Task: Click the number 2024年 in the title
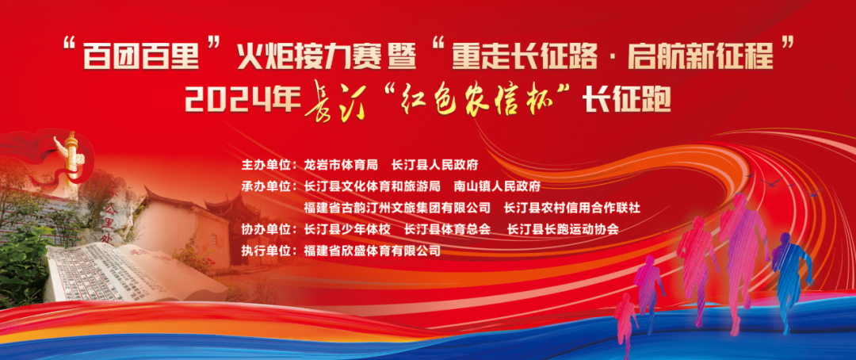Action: [x=243, y=101]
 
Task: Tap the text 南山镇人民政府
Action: [x=497, y=186]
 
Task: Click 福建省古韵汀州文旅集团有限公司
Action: [x=398, y=208]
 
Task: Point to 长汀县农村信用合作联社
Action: [x=572, y=208]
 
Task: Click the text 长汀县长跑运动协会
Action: [x=563, y=229]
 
